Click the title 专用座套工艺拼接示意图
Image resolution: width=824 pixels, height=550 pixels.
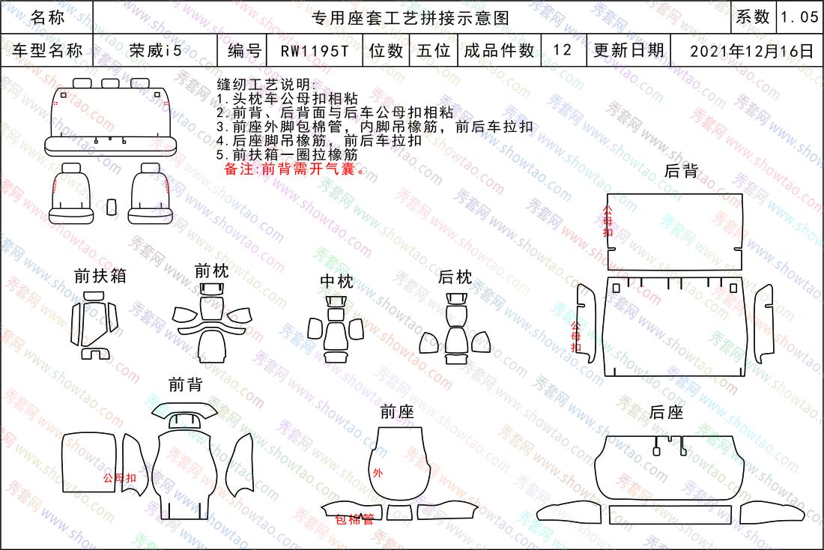(411, 18)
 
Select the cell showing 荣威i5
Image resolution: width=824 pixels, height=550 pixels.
(156, 50)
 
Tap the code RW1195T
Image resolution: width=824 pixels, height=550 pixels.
(315, 51)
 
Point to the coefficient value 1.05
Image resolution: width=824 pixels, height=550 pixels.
(799, 17)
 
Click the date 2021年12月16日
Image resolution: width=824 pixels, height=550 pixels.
(751, 51)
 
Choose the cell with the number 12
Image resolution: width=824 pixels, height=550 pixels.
(563, 50)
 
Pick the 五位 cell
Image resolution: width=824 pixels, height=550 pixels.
(434, 50)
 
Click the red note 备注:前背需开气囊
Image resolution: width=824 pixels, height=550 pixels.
(294, 169)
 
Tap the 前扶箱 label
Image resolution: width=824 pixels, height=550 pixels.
(100, 276)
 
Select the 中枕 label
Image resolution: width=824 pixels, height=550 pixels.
(337, 281)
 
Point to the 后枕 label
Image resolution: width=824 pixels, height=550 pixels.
(455, 277)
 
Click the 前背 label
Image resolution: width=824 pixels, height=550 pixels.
(186, 384)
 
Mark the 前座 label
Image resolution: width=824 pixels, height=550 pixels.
(397, 411)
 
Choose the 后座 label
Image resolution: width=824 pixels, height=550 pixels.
(667, 412)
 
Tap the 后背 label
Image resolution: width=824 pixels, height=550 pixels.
(681, 170)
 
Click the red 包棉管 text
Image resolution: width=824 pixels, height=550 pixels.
(355, 520)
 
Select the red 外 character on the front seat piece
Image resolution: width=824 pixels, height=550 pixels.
(378, 474)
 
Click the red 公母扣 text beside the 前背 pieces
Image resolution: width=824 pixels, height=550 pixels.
(119, 478)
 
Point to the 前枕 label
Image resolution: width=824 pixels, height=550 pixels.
(211, 271)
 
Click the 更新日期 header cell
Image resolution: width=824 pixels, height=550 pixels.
(629, 50)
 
